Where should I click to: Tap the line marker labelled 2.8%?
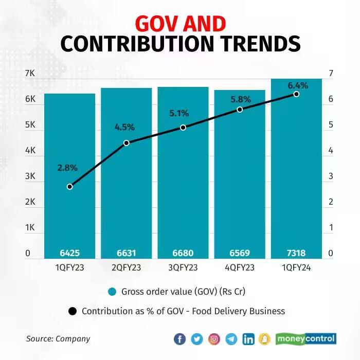[70, 186]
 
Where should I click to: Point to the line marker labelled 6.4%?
[296, 94]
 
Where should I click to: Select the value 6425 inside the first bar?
[70, 253]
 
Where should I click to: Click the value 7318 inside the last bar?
[296, 253]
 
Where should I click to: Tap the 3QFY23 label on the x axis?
[183, 267]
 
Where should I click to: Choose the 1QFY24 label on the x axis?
[296, 267]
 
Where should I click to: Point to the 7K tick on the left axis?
[30, 74]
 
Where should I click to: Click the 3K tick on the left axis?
[30, 176]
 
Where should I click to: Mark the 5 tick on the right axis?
[331, 125]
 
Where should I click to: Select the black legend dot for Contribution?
[73, 311]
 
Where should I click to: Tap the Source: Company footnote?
[58, 338]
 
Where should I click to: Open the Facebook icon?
[179, 339]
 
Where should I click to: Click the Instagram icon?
[214, 339]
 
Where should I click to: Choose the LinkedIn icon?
[248, 339]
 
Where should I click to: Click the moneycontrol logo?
[306, 338]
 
